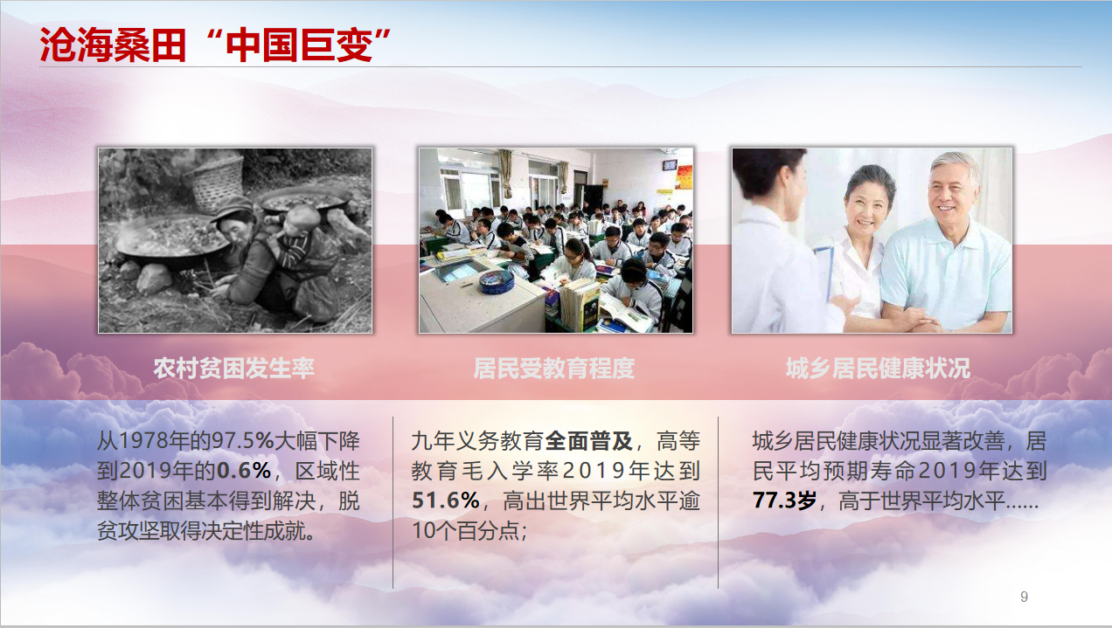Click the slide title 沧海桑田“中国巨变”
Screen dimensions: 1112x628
pos(215,45)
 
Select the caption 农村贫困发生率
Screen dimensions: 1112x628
pos(233,368)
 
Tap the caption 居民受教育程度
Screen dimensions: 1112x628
pos(554,368)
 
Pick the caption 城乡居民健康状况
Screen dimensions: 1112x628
pos(878,368)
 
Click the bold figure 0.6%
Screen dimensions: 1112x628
pos(244,471)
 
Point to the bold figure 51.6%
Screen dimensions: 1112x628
pos(445,500)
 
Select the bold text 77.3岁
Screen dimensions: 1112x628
pos(784,500)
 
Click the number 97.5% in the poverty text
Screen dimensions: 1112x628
pos(243,441)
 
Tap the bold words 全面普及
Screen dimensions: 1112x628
pos(588,441)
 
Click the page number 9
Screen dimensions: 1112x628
pos(1024,597)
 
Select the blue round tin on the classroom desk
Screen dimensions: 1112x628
pos(496,282)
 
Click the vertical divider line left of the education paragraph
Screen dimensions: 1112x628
pos(393,502)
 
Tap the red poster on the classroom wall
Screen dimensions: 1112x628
pos(685,177)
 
